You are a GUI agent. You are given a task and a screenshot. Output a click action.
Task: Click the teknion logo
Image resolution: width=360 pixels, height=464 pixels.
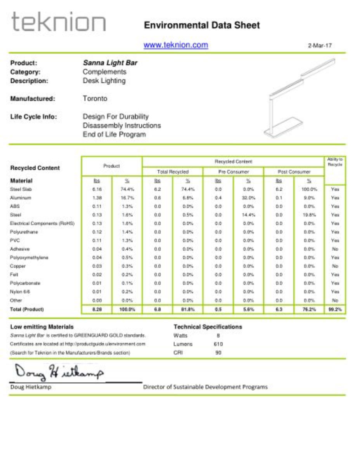coord(59,22)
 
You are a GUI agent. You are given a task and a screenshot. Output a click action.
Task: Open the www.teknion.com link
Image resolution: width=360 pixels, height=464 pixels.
coord(176,45)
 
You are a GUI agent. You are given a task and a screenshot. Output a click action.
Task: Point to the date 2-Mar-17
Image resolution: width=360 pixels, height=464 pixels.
coord(320,45)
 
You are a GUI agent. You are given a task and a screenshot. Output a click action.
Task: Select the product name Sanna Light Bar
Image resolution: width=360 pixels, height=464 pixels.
coord(110,63)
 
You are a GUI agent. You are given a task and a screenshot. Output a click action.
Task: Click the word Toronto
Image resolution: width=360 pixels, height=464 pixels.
coord(95,99)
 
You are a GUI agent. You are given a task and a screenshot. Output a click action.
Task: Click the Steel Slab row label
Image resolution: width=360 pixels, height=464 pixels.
coord(21,189)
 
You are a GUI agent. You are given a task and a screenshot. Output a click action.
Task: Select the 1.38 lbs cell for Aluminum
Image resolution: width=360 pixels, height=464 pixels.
coord(97,198)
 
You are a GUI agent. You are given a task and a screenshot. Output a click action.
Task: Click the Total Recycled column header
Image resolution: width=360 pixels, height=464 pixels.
coord(173,171)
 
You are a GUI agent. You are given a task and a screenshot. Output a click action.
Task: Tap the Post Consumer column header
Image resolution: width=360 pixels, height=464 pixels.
coord(294,171)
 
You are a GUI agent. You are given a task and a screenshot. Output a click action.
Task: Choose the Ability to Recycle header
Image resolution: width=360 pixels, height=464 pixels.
coord(335,162)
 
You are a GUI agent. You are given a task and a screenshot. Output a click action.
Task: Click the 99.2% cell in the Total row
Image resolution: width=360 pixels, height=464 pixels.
coord(335,309)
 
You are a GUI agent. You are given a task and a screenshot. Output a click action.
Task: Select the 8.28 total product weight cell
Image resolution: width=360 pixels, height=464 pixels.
coord(97,309)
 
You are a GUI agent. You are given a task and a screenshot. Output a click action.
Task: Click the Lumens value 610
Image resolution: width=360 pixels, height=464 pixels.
coord(218,344)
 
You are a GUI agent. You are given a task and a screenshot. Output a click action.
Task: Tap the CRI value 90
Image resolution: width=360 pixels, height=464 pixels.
coord(218,353)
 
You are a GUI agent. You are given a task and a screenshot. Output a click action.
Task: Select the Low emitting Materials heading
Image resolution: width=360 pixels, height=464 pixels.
coord(42,327)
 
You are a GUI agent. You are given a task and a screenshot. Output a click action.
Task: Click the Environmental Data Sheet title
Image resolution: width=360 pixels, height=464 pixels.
coord(202,26)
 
